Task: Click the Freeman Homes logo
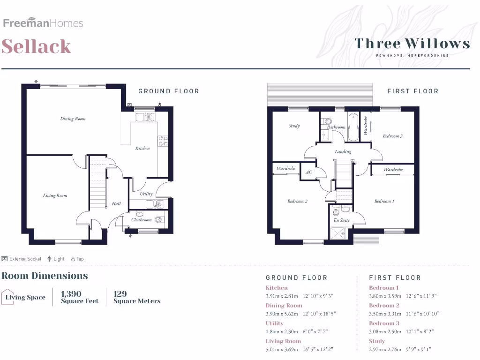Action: [x=43, y=23]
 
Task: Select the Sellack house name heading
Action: [x=37, y=46]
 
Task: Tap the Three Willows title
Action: [x=412, y=44]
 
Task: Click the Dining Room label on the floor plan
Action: [x=73, y=119]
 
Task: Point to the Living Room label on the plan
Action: [x=55, y=195]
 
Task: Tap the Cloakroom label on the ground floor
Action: [x=141, y=219]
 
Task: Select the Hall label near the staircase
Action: [x=116, y=203]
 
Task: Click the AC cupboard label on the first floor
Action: [x=308, y=172]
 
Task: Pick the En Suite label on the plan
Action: [x=341, y=220]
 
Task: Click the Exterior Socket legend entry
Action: [x=22, y=259]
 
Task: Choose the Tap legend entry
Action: [x=77, y=259]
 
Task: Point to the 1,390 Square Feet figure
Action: [x=79, y=297]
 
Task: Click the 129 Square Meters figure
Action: [x=136, y=297]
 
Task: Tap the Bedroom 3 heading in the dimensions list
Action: [x=384, y=323]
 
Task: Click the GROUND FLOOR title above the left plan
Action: [x=168, y=91]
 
